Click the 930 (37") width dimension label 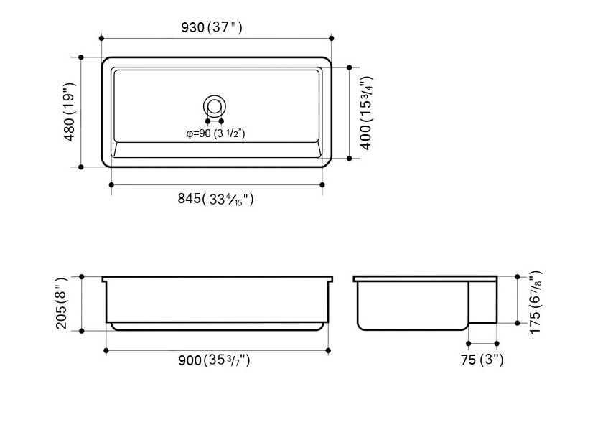point(215,28)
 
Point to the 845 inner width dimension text point(216,200)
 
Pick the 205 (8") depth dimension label point(65,303)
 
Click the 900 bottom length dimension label point(215,361)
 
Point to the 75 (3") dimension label point(482,361)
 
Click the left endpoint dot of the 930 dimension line point(101,38)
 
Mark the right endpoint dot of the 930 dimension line point(331,38)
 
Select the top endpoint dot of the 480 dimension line point(81,57)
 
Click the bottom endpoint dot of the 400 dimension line point(350,156)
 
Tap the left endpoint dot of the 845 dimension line point(111,184)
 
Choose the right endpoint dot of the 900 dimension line point(328,350)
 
